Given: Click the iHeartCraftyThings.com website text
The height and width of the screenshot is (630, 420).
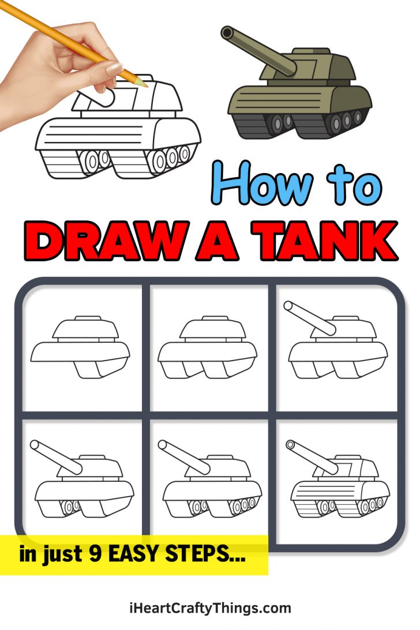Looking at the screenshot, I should coord(210,607).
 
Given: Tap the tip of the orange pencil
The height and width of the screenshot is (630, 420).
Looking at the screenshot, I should coord(147,85).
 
